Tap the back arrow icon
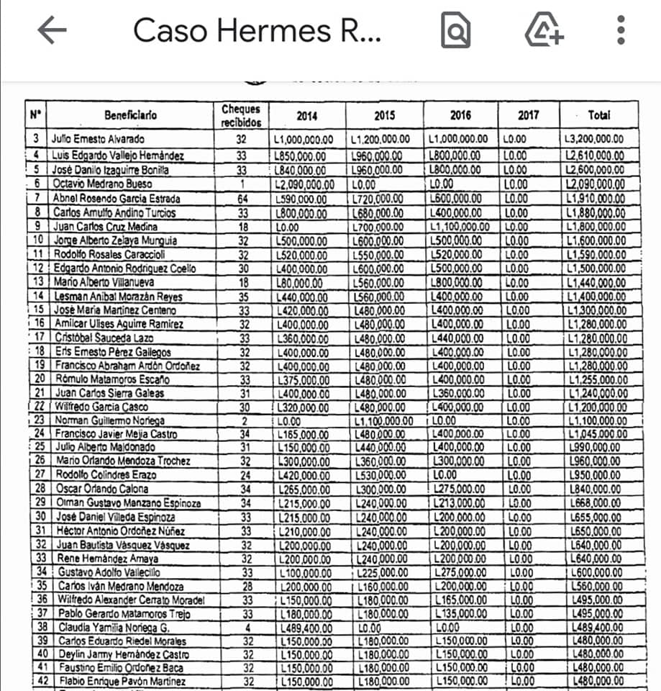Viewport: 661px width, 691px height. coord(52,30)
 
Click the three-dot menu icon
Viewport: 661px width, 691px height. coord(621,30)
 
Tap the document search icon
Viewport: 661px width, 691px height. coord(455,31)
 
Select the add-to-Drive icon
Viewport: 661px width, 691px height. coord(544,31)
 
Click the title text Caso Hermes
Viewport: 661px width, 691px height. coord(257,30)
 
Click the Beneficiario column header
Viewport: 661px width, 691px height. coord(130,115)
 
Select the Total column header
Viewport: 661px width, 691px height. coord(598,115)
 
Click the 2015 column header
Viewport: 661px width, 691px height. coord(384,115)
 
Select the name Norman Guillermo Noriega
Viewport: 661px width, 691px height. coord(109,420)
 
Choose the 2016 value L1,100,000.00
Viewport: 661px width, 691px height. coord(460,227)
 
